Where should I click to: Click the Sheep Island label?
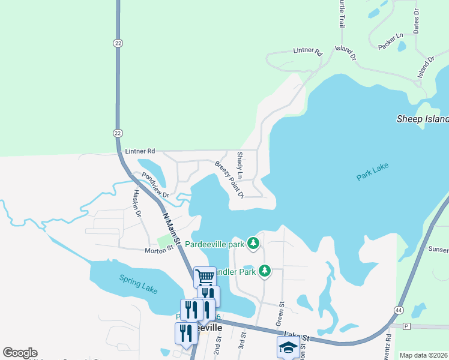coord(423,119)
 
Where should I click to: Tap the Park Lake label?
coord(373,175)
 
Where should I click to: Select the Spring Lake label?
coord(138,284)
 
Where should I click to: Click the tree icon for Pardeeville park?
coord(254,244)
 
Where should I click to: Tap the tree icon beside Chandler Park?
coord(264,272)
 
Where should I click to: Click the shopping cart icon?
coord(205,277)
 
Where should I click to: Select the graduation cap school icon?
coord(288,347)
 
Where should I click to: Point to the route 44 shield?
coord(399,309)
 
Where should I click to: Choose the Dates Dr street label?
coord(416,20)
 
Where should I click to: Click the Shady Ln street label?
coord(240,166)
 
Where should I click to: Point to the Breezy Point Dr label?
coord(230,179)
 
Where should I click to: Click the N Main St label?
coord(170,227)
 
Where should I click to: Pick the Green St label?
coord(279,316)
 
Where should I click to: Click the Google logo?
coord(20,353)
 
